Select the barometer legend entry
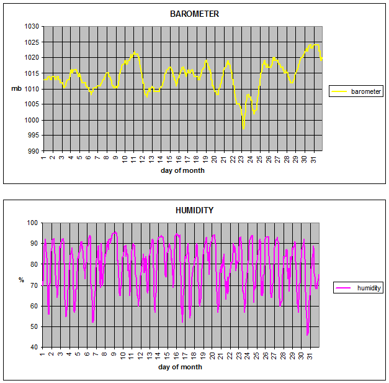tap(366, 91)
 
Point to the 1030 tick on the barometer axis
tap(32, 27)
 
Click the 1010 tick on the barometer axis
tap(32, 89)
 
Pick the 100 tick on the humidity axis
tap(33, 223)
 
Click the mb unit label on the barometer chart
tap(16, 88)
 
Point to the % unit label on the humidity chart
tap(20, 280)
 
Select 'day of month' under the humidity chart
tap(180, 367)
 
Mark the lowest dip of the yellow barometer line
tap(244, 128)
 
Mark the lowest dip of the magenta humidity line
tap(307, 335)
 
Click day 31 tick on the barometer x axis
tap(316, 158)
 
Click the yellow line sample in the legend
tap(339, 91)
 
